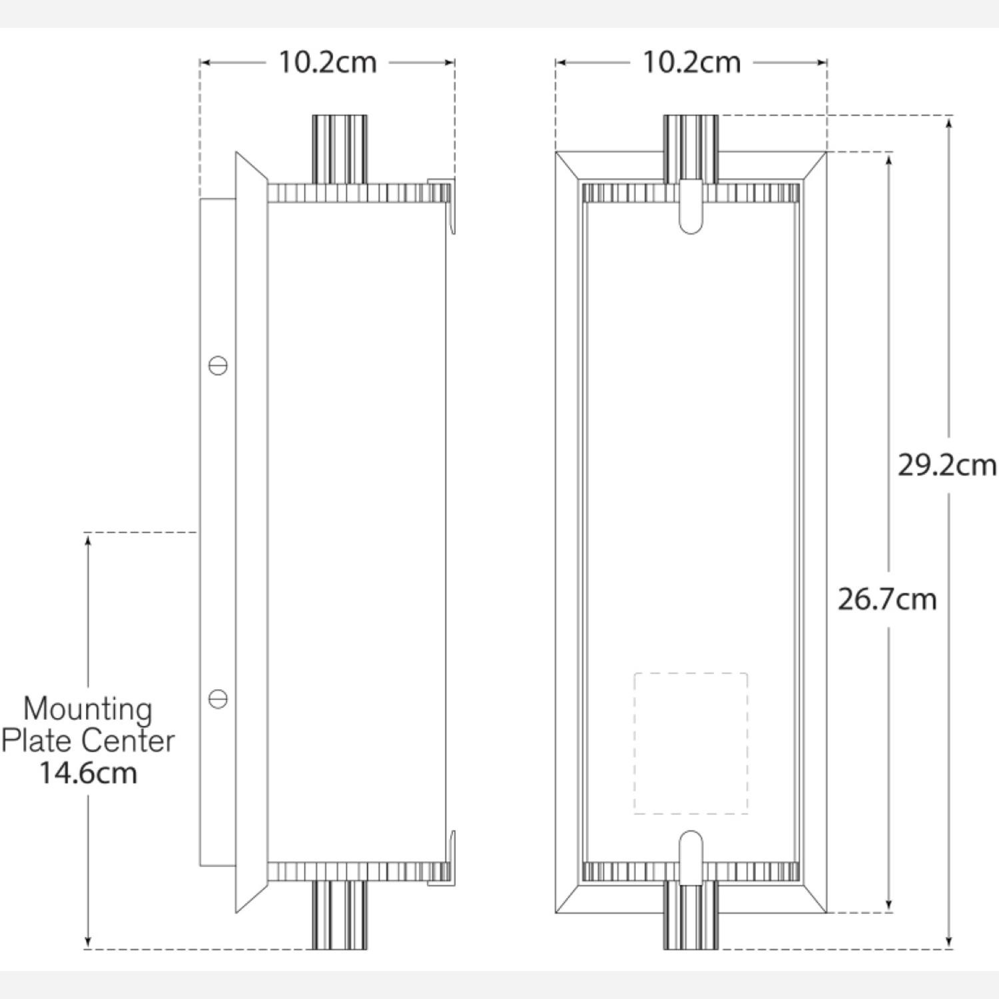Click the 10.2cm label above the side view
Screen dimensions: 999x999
(x=327, y=63)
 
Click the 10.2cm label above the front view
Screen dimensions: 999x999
(x=691, y=63)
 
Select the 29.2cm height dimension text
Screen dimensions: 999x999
(x=946, y=465)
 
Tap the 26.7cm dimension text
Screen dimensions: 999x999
(x=886, y=599)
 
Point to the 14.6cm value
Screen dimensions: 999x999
(x=88, y=773)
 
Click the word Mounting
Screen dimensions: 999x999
(x=88, y=709)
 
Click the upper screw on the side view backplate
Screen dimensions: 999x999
(x=218, y=366)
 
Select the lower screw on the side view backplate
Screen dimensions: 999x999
(x=218, y=699)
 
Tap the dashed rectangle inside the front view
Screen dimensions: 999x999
(x=691, y=743)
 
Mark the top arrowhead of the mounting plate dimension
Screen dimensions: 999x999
(x=88, y=539)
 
